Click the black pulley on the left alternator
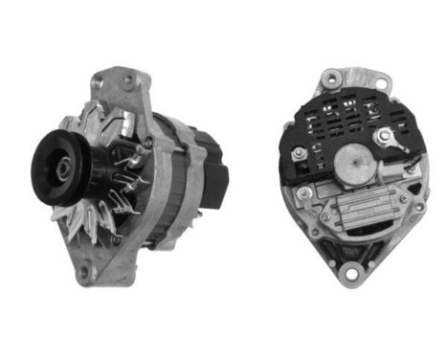coord(59,170)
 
